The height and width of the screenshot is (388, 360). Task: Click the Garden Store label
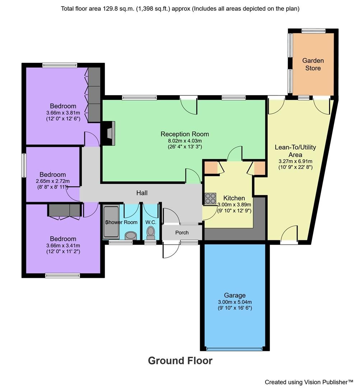coord(313,64)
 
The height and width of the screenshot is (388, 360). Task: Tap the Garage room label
coord(235,295)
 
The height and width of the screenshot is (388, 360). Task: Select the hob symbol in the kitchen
coord(210,198)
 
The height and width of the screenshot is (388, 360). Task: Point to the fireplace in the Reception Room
coord(109,133)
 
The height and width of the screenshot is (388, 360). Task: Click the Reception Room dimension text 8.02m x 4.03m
coord(184,140)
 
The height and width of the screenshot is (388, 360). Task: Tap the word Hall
coord(142,193)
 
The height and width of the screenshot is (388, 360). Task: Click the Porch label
coord(182,232)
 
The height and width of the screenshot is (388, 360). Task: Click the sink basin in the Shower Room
coord(131,235)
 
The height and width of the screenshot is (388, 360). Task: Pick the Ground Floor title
coord(180,360)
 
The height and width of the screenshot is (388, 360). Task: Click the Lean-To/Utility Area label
coord(295,151)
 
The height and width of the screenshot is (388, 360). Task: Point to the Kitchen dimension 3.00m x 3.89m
coord(234,205)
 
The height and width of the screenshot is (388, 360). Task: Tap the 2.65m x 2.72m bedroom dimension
coord(52,181)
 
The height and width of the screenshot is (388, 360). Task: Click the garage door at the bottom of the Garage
coord(235,348)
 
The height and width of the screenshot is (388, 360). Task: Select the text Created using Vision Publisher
coord(309,382)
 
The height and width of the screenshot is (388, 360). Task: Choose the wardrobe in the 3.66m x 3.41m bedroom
coord(65,211)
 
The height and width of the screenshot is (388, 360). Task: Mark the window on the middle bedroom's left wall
coord(24,165)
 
